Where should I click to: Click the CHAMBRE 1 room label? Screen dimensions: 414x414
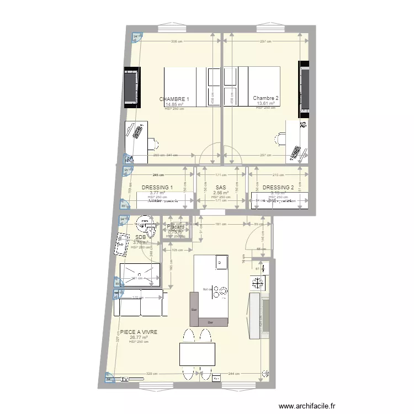tap(174, 99)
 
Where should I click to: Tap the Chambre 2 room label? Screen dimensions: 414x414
tap(266, 99)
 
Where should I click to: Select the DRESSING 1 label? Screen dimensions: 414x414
tap(157, 188)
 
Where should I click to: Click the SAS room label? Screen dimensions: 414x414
tap(221, 188)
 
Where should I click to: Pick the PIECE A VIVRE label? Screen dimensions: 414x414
tap(139, 332)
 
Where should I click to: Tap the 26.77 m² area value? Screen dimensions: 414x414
tap(139, 337)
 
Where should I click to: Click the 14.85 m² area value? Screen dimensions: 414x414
tap(174, 104)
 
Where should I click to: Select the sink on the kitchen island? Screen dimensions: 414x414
tap(221, 262)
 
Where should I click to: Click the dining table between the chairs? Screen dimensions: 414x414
tap(195, 354)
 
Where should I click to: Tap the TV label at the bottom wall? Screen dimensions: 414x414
tap(125, 379)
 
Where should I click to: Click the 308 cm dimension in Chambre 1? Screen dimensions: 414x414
tap(176, 41)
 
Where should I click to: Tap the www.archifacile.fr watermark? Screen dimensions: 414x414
tap(307, 405)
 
